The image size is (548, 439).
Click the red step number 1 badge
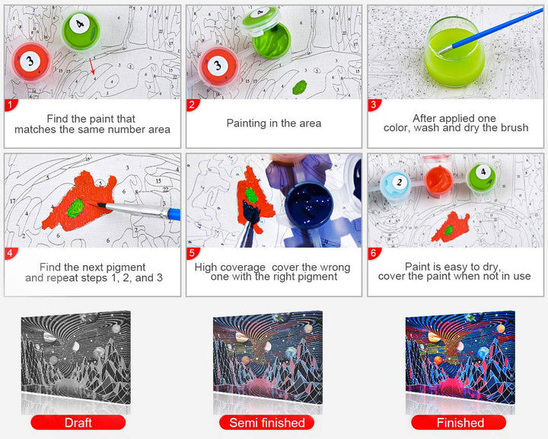point(11,104)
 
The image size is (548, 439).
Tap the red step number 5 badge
point(193,253)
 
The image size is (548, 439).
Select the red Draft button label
point(78,422)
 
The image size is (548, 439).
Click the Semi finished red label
point(266,422)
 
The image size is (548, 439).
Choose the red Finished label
point(459,422)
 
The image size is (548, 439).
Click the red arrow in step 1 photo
point(91,66)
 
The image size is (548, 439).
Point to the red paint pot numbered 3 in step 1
point(30,62)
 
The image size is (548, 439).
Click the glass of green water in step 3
point(454,52)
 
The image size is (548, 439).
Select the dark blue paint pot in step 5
point(308,205)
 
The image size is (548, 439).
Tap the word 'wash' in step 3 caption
point(426,128)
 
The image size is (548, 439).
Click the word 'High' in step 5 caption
point(205,268)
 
